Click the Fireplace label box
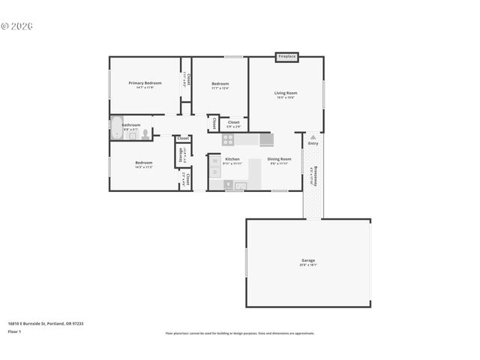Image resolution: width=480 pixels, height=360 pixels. pyautogui.click(x=286, y=56)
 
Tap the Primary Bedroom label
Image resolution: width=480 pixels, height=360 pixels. pyautogui.click(x=145, y=84)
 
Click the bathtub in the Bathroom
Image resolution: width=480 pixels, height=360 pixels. pyautogui.click(x=117, y=129)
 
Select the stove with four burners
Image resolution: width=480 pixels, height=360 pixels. pyautogui.click(x=227, y=139)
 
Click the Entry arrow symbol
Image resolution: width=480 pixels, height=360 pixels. pyautogui.click(x=313, y=137)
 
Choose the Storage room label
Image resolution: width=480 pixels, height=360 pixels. pyautogui.click(x=181, y=154)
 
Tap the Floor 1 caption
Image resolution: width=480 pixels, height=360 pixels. pyautogui.click(x=15, y=331)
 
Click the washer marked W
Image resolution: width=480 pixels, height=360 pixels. pyautogui.click(x=214, y=160)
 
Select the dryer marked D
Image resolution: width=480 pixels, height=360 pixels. pyautogui.click(x=214, y=173)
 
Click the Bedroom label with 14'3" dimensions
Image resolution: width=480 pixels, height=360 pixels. pyautogui.click(x=144, y=164)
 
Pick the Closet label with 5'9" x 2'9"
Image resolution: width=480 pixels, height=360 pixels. pyautogui.click(x=234, y=124)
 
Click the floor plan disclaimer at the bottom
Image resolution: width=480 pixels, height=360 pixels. pyautogui.click(x=239, y=333)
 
